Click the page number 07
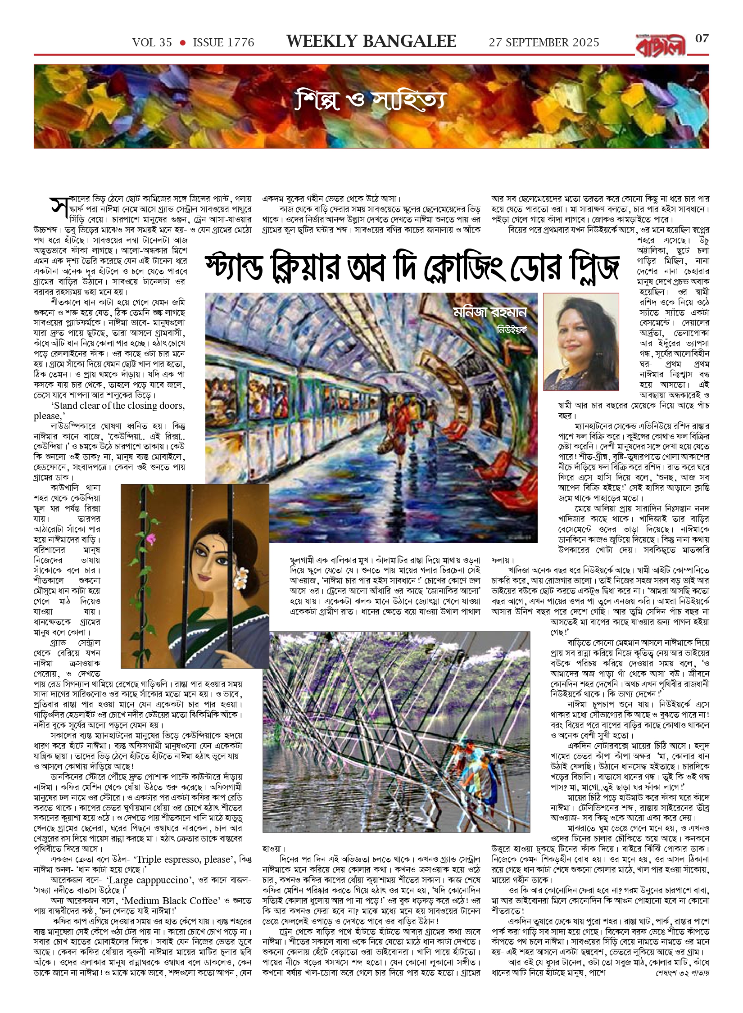tap(702, 39)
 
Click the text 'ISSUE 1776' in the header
tap(223, 43)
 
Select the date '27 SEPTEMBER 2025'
tap(544, 43)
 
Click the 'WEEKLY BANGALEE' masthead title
tap(371, 41)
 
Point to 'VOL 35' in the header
tap(152, 43)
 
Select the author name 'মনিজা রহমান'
tap(490, 312)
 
